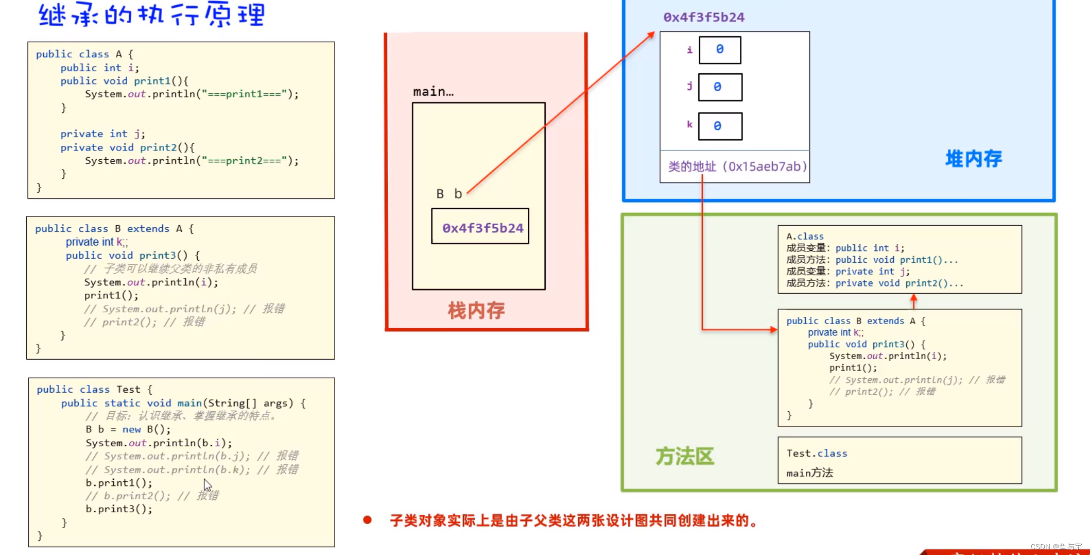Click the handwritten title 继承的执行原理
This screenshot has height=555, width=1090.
[x=152, y=14]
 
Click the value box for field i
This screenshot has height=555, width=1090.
[x=720, y=50]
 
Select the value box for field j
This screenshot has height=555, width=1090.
[x=720, y=87]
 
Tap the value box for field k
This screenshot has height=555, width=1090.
[x=720, y=126]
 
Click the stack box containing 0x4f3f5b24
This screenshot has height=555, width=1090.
[x=480, y=227]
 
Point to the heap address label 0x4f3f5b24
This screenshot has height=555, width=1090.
[x=704, y=18]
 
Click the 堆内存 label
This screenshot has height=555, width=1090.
[x=973, y=159]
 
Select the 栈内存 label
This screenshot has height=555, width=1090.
[x=476, y=310]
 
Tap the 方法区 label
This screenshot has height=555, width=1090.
[x=684, y=456]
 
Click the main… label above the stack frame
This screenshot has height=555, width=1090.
[x=433, y=92]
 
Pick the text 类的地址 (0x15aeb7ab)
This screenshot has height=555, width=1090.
[x=737, y=166]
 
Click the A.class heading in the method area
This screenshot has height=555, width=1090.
[x=805, y=237]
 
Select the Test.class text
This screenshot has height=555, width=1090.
[x=817, y=453]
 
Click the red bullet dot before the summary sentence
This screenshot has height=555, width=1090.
[x=367, y=520]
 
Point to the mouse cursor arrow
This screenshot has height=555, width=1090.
[x=207, y=484]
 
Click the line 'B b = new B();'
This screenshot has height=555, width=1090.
[x=128, y=429]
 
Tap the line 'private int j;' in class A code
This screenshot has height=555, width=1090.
[x=102, y=134]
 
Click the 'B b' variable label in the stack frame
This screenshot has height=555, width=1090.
[x=449, y=194]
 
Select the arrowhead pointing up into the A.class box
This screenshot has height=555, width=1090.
[x=913, y=298]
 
